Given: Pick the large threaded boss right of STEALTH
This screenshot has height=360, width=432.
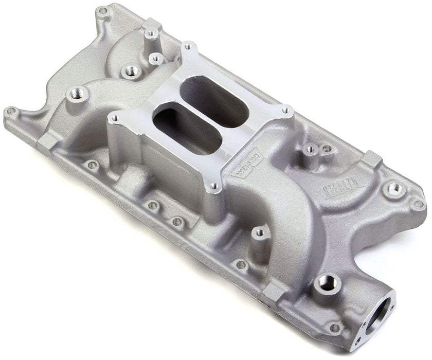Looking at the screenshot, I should [x=394, y=188].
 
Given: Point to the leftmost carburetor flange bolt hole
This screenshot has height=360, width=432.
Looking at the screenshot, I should [x=114, y=118].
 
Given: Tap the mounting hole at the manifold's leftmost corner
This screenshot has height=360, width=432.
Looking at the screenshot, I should [x=10, y=111].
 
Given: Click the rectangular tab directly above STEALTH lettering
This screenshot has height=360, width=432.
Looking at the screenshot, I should [x=372, y=160].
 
